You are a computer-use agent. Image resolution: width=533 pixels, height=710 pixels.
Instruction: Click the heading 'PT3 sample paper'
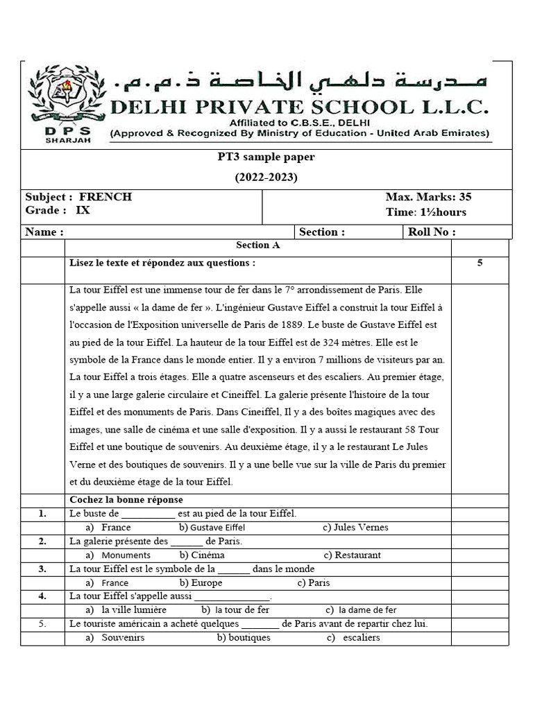click(x=266, y=157)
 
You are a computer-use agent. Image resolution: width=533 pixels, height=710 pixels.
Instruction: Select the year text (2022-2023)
click(x=266, y=177)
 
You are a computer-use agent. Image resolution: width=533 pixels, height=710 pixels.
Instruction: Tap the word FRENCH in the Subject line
click(x=105, y=197)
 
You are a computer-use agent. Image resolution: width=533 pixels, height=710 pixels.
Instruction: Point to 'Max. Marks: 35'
click(x=428, y=197)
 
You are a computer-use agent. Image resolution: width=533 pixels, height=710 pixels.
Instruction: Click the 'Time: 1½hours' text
click(x=426, y=212)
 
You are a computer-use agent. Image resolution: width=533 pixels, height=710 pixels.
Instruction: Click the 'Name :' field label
click(x=44, y=232)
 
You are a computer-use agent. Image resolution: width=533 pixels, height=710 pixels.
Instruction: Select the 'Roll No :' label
click(x=432, y=232)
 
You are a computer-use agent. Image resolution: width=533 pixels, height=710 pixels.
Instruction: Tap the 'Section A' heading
click(x=257, y=245)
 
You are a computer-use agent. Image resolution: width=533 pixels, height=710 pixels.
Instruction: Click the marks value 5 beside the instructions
click(x=480, y=263)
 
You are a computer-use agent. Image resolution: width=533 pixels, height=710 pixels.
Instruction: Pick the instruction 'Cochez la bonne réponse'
click(x=126, y=500)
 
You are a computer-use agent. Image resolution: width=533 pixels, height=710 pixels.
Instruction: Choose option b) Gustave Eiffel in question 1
click(x=212, y=528)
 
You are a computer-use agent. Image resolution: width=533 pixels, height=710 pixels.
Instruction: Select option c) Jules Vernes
click(x=355, y=528)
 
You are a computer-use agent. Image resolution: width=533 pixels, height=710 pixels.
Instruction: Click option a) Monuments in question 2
click(x=118, y=555)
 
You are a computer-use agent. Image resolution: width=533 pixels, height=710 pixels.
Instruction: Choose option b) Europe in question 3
click(x=201, y=583)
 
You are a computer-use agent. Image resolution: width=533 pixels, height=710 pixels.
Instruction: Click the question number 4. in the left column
click(x=42, y=596)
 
